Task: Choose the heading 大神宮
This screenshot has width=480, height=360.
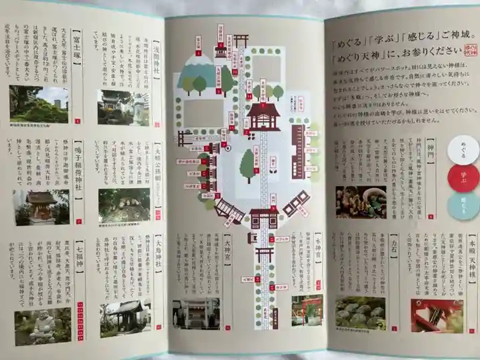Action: [228, 250]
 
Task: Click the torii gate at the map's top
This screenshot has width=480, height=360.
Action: [241, 40]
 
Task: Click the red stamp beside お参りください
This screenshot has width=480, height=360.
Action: [471, 49]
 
